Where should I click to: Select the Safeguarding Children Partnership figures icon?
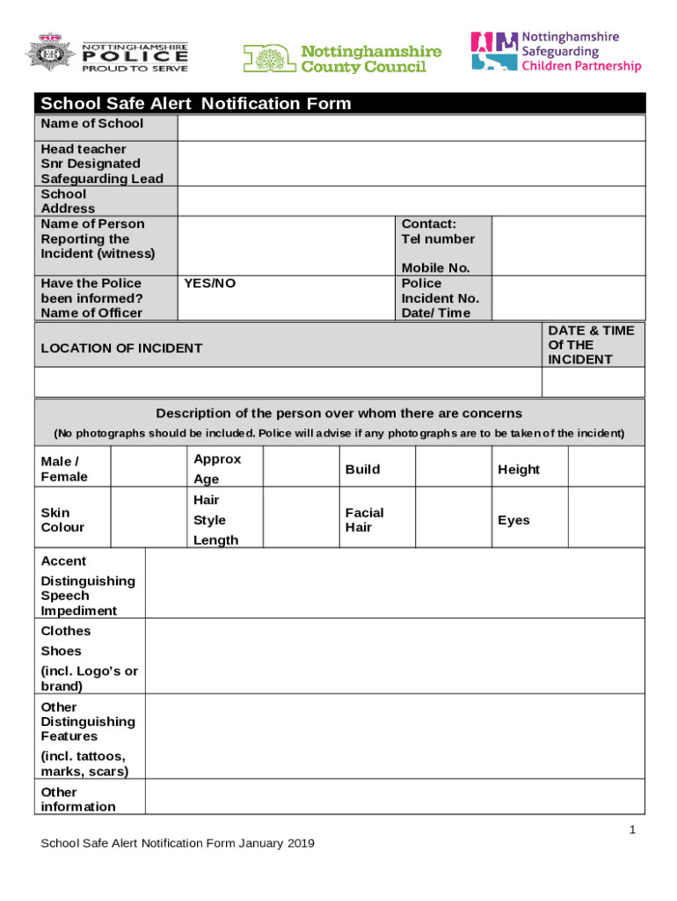pos(494,50)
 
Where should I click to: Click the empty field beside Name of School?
pos(411,128)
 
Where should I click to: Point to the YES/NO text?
pos(210,283)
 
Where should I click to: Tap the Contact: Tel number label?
pos(438,231)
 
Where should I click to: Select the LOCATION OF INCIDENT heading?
pos(121,348)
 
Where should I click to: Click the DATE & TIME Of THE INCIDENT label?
pos(591,345)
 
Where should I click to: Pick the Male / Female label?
pos(64,469)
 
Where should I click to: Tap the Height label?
pos(519,470)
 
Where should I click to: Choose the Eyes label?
pos(513,520)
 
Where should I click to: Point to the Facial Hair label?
pos(364,520)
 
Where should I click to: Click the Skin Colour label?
pos(62,520)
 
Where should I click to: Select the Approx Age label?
pos(216,469)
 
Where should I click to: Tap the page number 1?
pos(632,831)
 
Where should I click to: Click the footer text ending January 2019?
pos(178,844)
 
